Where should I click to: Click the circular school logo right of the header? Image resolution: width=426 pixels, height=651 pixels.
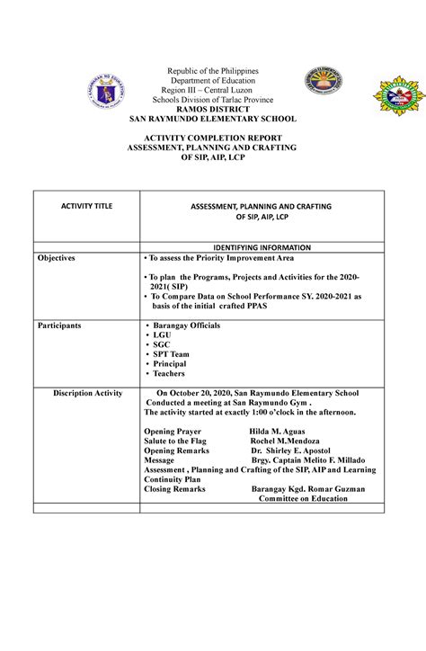324,85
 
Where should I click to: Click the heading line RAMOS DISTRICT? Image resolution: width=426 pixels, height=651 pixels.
212,108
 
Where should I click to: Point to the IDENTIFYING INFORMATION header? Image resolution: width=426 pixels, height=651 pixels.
261,246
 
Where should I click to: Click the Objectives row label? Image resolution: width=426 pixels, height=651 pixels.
56,257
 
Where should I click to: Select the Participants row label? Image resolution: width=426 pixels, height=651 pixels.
58,325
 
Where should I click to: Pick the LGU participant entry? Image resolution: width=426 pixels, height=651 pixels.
164,334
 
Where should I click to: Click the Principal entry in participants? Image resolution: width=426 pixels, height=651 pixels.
170,364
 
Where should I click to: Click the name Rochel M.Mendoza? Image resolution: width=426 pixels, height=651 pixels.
287,441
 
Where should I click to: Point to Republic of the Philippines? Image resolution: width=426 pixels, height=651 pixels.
213,71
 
